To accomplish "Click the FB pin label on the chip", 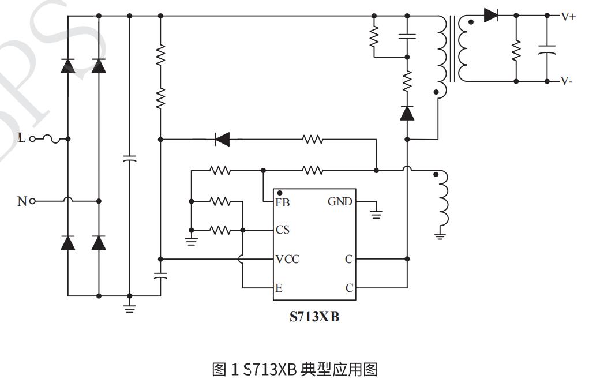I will coord(283,202).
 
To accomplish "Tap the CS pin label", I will coord(283,230).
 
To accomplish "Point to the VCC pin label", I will coord(287,259).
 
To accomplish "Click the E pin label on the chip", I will coord(279,288).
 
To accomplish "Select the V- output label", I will coord(567,81).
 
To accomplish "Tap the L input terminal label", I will coord(22,138).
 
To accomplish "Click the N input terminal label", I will coord(22,201).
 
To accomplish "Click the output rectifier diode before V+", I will coord(491,16).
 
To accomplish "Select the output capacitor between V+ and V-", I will coord(546,50).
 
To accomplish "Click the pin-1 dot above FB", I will coord(280,193).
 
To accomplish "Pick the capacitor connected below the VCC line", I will coord(160,276).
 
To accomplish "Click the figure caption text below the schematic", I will coord(294,369).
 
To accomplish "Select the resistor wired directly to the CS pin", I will coord(220,230).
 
